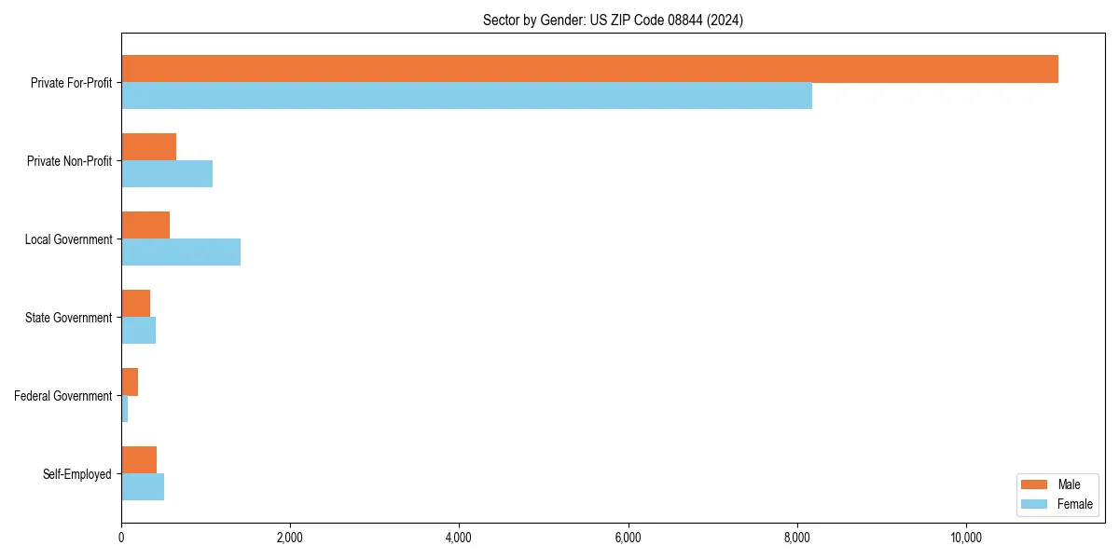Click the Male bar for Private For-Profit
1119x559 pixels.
tap(589, 69)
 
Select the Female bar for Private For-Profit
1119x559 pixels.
tap(466, 96)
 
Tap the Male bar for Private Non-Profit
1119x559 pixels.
tap(148, 147)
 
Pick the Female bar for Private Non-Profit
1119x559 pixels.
tap(167, 174)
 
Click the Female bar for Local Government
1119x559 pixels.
tap(181, 252)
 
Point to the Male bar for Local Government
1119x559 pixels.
tap(145, 225)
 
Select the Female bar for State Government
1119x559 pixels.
tap(138, 331)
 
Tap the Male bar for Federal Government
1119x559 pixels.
tap(130, 382)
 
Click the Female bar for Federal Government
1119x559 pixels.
tap(125, 409)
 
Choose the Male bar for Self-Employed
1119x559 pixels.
tap(139, 460)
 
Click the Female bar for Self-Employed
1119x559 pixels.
tap(143, 487)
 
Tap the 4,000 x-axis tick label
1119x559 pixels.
tap(459, 538)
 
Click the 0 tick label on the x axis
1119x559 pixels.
tap(121, 538)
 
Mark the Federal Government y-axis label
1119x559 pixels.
tap(63, 396)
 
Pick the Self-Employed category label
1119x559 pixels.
tap(77, 474)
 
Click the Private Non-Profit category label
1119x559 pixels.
tap(69, 161)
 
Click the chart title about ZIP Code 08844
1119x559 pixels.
tap(613, 20)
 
